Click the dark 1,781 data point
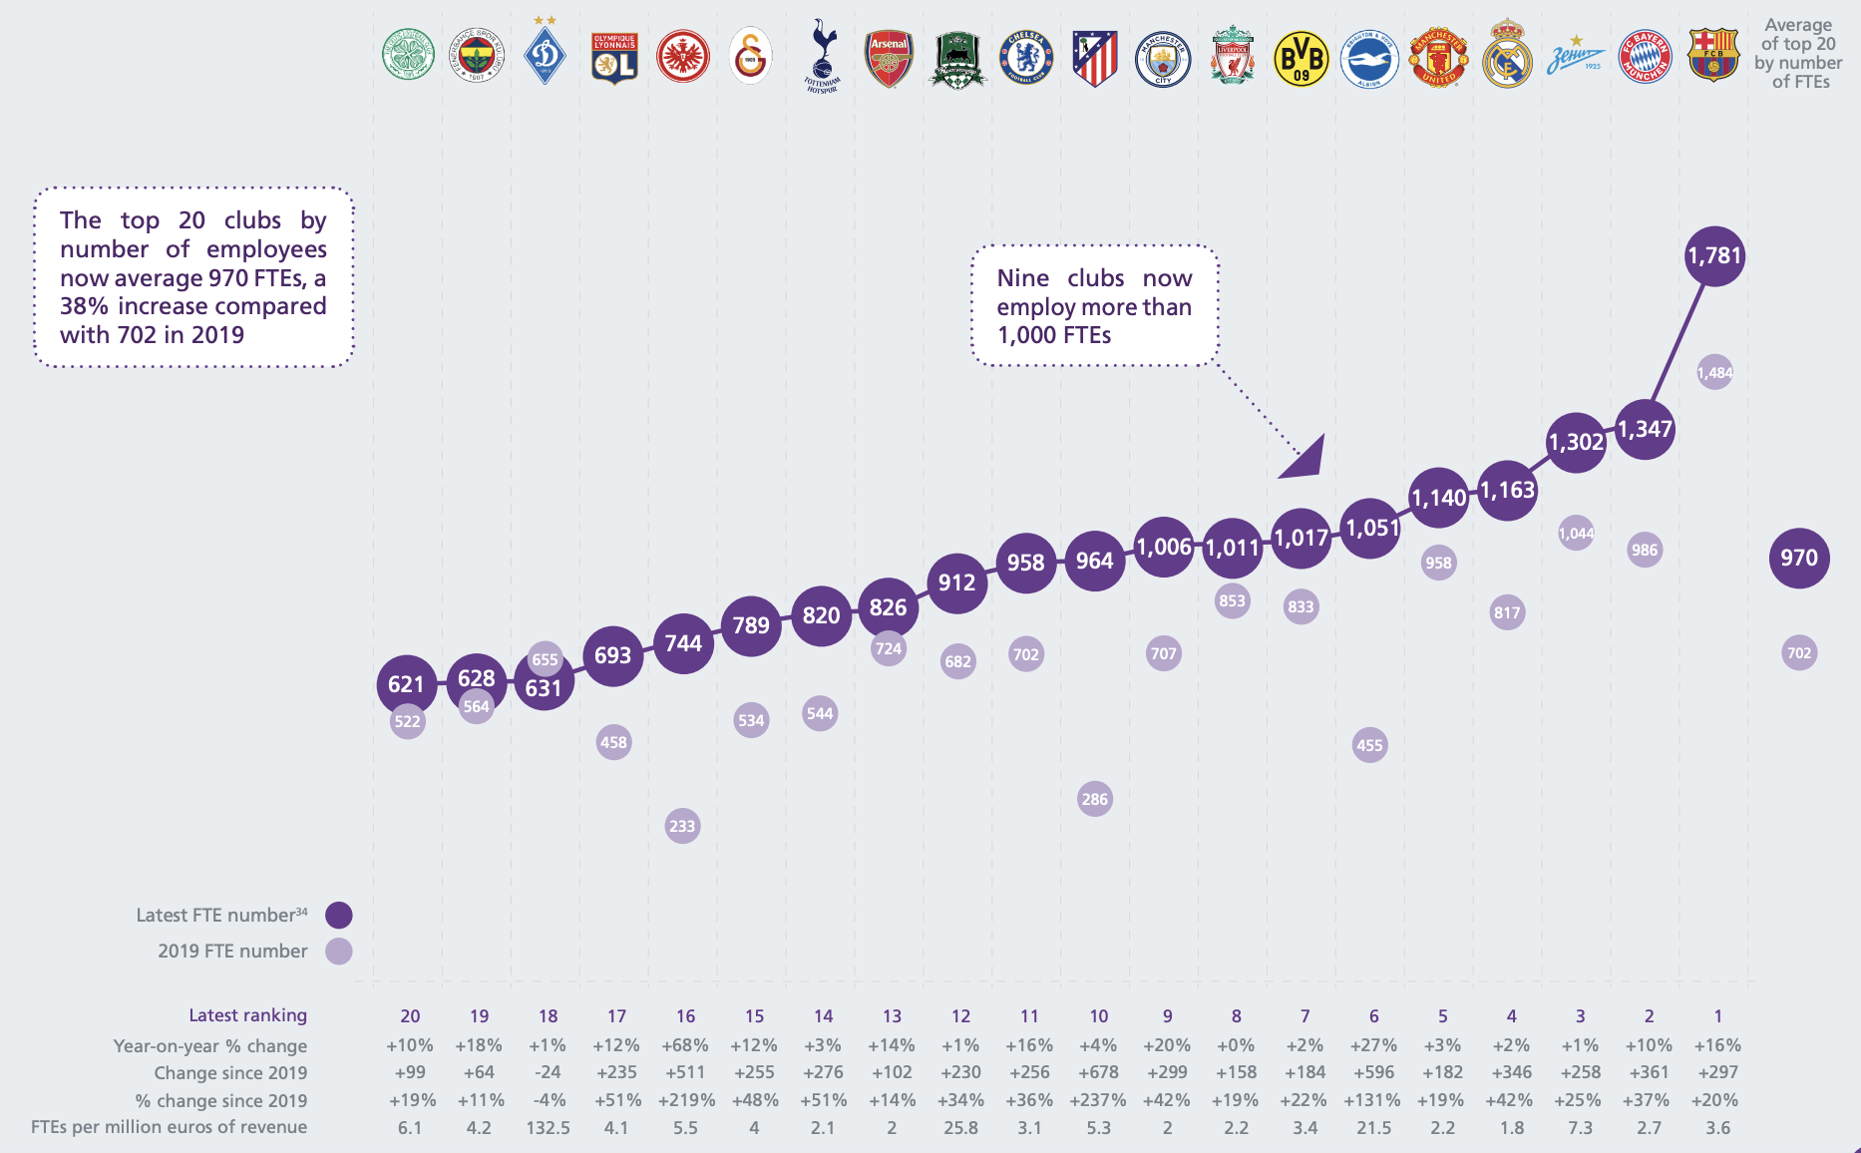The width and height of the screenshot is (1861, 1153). pos(1714,256)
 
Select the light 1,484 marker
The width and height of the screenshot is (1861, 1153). pos(1714,373)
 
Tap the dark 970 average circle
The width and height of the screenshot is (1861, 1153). pos(1799,558)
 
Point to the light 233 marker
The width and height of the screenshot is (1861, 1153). pos(682,826)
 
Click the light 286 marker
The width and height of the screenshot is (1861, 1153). pos(1095,799)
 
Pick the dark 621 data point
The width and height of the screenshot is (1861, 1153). pos(406,684)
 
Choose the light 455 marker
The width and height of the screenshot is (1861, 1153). pos(1369,745)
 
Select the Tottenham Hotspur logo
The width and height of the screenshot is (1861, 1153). pos(823,56)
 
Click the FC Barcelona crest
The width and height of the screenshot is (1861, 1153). pos(1713,55)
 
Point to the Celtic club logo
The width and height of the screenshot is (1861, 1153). pos(409,55)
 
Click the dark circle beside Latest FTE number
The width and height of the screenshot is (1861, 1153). pos(339,915)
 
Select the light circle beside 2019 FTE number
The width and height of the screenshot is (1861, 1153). pos(339,951)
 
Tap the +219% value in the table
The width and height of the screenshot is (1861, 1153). pos(686,1100)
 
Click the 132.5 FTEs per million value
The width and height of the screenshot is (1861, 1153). pos(548,1128)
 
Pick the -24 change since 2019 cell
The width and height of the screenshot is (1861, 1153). pos(548,1072)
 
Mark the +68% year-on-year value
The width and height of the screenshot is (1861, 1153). pos(685,1045)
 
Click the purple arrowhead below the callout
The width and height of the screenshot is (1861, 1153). pos(1305,459)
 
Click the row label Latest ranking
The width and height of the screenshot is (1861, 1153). pos(247,1015)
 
